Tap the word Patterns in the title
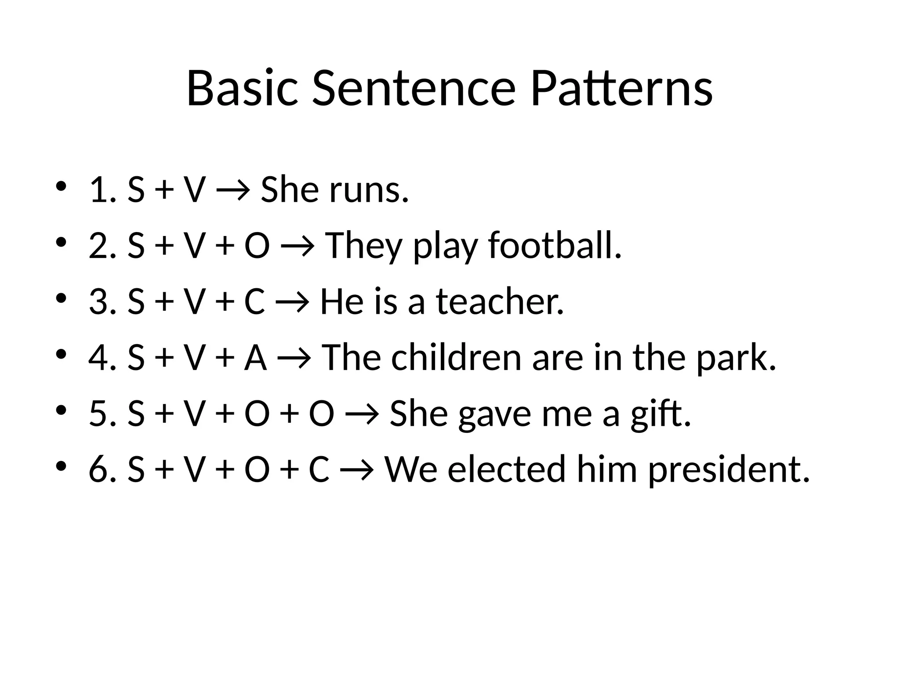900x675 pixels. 621,89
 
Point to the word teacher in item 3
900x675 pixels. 500,302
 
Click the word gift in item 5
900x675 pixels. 660,414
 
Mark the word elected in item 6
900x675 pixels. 506,469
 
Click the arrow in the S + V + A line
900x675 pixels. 294,359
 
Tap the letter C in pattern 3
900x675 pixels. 254,302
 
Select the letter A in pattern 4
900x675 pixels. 255,358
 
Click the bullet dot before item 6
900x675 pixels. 61,465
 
